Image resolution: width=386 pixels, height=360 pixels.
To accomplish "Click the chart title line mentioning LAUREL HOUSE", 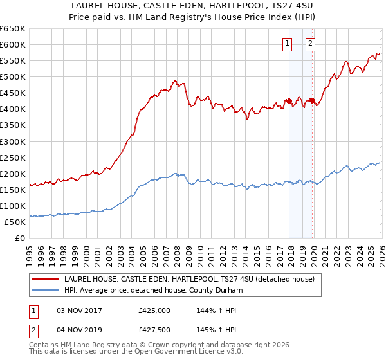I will tap(193, 6).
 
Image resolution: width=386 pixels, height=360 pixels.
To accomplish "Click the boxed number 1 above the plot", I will tap(286, 44).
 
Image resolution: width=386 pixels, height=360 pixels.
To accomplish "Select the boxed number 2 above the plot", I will tap(310, 44).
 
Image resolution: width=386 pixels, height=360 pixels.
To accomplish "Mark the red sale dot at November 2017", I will tap(289, 101).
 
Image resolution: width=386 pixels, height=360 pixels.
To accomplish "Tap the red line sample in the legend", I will tap(46, 279).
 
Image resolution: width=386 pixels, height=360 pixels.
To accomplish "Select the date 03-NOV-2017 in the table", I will tap(78, 310).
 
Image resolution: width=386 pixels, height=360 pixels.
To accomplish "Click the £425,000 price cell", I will tap(154, 310).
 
